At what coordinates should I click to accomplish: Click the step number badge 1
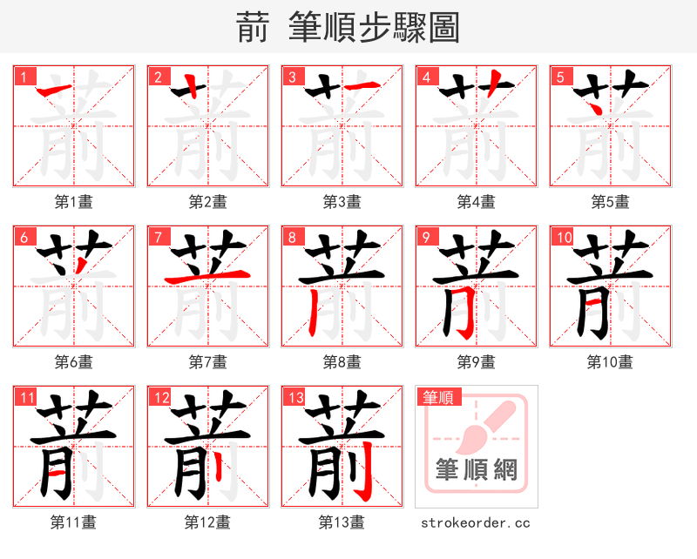point(24,77)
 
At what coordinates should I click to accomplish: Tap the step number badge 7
point(158,237)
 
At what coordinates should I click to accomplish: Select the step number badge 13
point(294,398)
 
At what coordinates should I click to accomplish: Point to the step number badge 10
point(563,237)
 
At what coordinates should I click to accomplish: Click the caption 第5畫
point(610,202)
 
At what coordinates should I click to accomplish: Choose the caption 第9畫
point(476,362)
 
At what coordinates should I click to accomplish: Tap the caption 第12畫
point(207,522)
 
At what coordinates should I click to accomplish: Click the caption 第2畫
point(207,202)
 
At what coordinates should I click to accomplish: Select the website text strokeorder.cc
point(476,522)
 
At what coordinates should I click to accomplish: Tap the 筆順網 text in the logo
point(476,471)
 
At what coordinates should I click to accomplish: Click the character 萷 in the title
point(253,27)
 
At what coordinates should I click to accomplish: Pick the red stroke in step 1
point(58,90)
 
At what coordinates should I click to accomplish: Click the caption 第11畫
point(73,522)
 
